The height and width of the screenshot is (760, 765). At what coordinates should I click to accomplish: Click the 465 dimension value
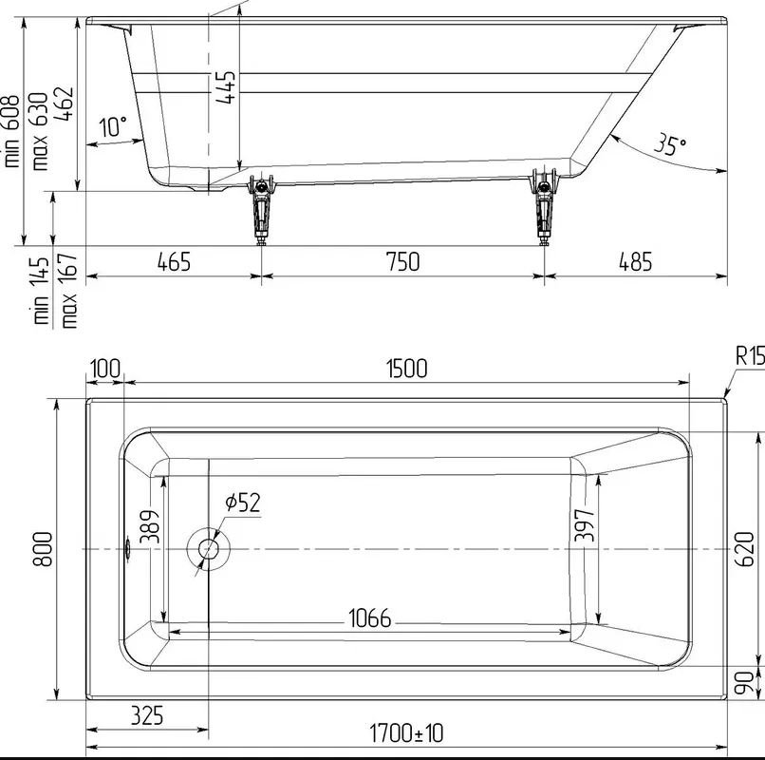point(174,262)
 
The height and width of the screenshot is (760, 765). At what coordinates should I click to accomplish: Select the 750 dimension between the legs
point(402,262)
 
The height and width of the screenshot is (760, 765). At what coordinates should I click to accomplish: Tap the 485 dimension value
point(635,262)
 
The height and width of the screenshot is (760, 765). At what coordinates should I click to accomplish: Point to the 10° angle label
point(113,127)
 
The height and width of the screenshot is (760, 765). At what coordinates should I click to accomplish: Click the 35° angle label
point(670,144)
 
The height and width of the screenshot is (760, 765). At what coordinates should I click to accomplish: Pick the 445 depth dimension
point(225,87)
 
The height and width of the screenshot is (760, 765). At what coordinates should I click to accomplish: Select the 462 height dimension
point(64,104)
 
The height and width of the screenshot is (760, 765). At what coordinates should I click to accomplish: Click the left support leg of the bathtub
point(262,208)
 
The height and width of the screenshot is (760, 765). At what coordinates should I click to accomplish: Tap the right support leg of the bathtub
point(544,208)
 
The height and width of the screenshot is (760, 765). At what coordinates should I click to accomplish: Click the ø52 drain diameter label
point(243,503)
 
